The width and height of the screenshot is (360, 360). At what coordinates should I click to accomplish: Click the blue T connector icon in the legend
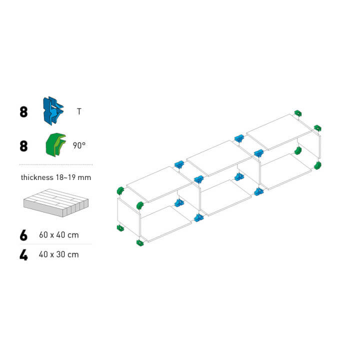tap(53, 110)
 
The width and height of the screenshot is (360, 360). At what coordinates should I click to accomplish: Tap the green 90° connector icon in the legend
tap(55, 145)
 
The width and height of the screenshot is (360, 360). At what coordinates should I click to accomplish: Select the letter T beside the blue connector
tap(79, 111)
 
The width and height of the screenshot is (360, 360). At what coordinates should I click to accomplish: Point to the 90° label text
tap(79, 145)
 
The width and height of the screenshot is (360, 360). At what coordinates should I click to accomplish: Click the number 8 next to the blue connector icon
tap(23, 112)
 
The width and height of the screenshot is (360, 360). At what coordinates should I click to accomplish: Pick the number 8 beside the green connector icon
tap(23, 146)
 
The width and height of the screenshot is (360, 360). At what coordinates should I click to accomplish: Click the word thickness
tap(37, 177)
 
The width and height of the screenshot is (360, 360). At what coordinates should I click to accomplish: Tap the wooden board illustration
tap(56, 202)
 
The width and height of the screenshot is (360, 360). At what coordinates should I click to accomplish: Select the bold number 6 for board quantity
tap(23, 235)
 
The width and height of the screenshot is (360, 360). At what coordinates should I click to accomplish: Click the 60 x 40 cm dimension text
tap(59, 235)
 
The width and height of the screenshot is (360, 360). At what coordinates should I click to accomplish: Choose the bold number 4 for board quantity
tap(23, 255)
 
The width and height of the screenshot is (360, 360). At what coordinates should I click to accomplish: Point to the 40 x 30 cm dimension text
tap(59, 254)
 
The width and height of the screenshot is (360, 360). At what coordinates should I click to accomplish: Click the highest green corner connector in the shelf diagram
tap(298, 113)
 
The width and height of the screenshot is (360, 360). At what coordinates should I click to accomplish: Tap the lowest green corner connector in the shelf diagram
tap(140, 242)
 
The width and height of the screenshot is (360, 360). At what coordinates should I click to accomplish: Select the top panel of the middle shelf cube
tap(219, 158)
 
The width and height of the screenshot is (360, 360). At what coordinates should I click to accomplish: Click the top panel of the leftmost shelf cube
tap(159, 184)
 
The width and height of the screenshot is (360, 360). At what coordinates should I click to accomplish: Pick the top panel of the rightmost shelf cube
tap(279, 132)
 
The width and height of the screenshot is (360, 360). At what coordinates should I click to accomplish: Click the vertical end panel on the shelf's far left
tap(128, 217)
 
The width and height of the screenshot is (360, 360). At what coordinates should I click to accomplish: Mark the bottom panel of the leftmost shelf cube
tap(166, 224)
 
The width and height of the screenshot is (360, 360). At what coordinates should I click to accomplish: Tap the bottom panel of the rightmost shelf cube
tap(286, 171)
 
